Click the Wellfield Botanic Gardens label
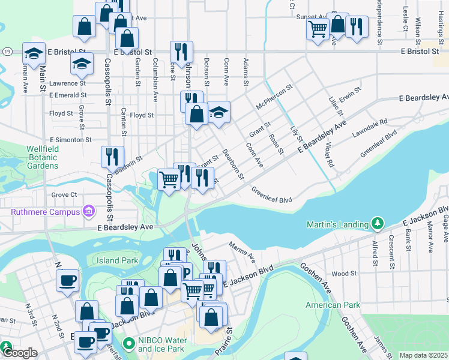[42, 157]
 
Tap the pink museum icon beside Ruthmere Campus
[89, 211]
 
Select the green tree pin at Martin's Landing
[377, 224]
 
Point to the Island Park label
[118, 260]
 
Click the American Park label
[333, 305]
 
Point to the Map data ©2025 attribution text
[423, 355]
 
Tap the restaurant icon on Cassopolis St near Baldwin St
[112, 157]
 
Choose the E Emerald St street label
[68, 95]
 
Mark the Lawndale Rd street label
[370, 130]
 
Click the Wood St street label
[344, 274]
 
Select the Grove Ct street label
[64, 194]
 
